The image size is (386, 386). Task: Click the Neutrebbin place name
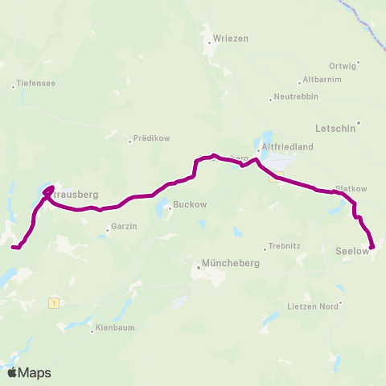coord(297,96)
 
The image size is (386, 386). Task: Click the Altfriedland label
coord(286,147)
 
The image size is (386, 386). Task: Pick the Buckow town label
coord(190,204)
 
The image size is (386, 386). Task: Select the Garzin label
coord(124,227)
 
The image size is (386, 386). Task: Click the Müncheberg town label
coord(224,264)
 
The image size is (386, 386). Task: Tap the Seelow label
coord(351,251)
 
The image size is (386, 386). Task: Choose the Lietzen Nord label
coord(313,306)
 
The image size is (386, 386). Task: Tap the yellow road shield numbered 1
coord(54,302)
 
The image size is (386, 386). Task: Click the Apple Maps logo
coord(29,372)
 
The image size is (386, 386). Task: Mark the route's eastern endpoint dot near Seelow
coord(372,247)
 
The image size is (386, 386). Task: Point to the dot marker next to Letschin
coord(359,123)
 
